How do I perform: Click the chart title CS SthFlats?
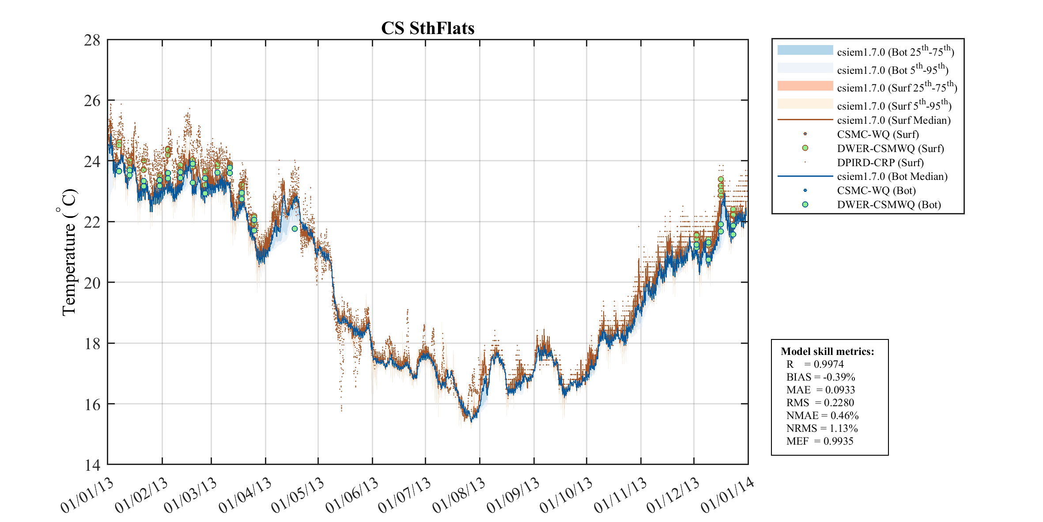(427, 28)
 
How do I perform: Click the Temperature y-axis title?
(68, 252)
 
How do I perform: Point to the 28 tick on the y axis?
(92, 40)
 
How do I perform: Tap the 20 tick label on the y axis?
(92, 282)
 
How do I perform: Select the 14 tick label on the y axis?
(92, 465)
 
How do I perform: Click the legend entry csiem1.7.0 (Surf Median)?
(893, 120)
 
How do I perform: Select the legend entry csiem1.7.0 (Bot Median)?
(892, 176)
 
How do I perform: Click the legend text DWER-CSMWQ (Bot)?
(888, 205)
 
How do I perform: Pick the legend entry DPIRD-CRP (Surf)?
(880, 163)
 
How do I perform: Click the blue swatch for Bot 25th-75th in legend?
(805, 50)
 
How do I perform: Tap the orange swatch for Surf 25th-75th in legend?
(805, 86)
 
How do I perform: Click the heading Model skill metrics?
(827, 351)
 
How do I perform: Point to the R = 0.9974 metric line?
(815, 364)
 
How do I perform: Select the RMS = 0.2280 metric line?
(820, 403)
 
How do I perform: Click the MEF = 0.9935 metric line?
(820, 441)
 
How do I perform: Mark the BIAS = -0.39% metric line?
(820, 377)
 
